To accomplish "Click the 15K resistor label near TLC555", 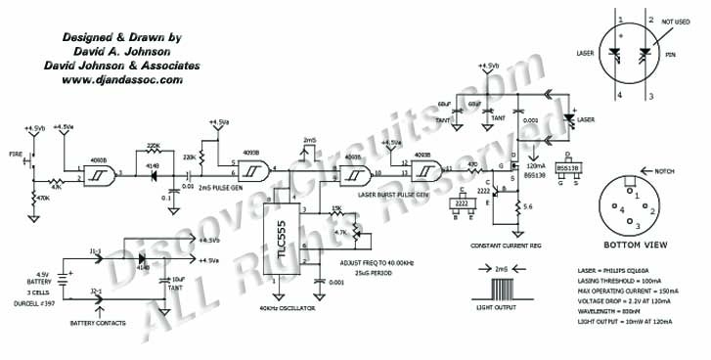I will coord(338,208).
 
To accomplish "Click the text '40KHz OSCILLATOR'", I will coord(289,309).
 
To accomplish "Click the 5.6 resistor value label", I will coord(527,206).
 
